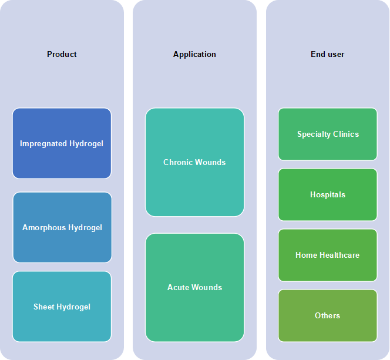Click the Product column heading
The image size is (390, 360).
click(62, 54)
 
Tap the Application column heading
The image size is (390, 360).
click(194, 55)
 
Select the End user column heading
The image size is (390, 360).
click(327, 54)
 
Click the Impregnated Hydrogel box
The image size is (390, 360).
click(62, 143)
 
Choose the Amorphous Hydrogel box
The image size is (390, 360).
click(62, 227)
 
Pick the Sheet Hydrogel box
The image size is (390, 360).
click(62, 307)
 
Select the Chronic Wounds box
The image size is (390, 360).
click(194, 162)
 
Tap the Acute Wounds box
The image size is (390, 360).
click(194, 287)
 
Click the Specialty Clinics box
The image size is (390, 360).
click(328, 134)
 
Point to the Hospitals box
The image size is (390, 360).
click(328, 194)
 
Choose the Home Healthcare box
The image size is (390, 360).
click(328, 255)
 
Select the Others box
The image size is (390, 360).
click(328, 315)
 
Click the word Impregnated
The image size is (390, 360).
click(43, 144)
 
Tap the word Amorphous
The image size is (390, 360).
click(44, 228)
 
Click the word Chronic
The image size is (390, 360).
click(178, 162)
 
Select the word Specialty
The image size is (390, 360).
click(314, 134)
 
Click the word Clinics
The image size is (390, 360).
click(346, 134)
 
